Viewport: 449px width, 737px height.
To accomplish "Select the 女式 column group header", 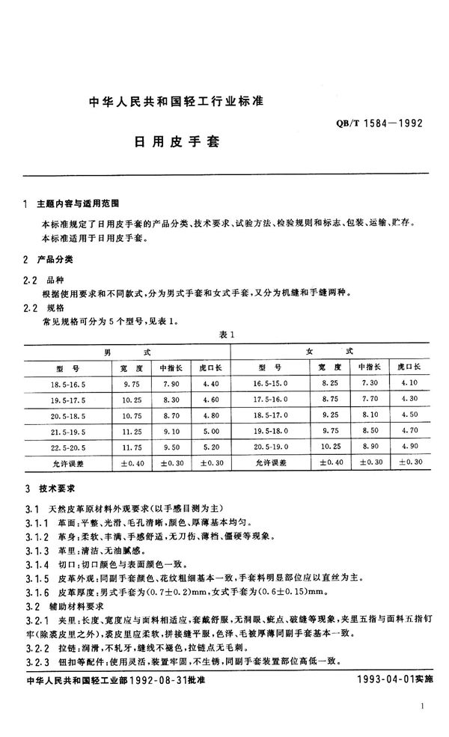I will [329, 350].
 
